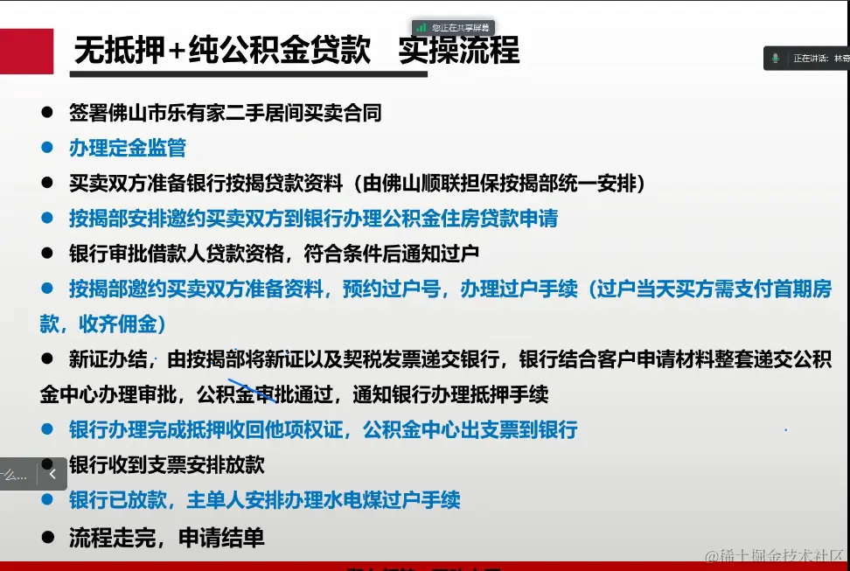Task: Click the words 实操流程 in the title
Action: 458,51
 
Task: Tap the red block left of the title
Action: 27,51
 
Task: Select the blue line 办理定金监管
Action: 128,148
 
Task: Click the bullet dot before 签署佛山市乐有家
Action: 48,113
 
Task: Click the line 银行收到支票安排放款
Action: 166,465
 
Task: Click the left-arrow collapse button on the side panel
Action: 52,474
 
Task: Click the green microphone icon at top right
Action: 775,58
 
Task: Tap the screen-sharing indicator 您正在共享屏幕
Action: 453,28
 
